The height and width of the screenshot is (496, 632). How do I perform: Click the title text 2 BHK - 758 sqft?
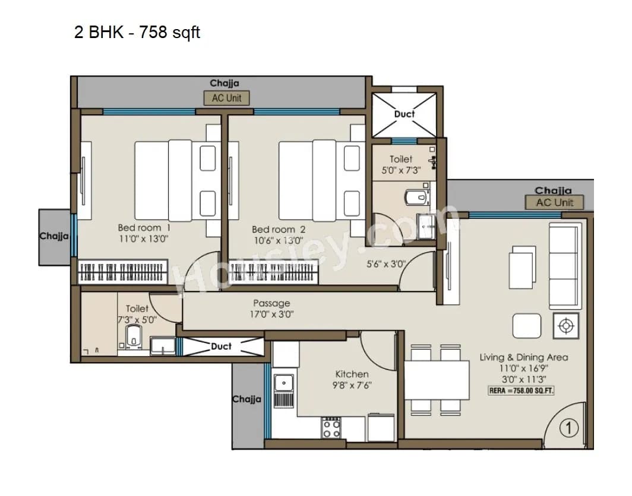(137, 32)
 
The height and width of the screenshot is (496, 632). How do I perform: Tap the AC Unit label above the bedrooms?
(226, 98)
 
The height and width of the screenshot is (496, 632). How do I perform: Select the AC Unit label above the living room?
(554, 202)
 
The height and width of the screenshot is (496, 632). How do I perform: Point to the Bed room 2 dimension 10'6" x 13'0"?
(279, 241)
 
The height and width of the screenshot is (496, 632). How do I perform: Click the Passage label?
(271, 303)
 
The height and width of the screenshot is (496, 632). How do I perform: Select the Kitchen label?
(352, 374)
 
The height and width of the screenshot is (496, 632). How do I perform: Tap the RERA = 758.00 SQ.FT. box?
(521, 391)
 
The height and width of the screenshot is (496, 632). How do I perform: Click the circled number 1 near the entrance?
(568, 427)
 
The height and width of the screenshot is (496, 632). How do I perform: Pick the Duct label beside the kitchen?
(222, 346)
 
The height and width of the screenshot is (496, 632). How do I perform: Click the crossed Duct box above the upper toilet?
(405, 114)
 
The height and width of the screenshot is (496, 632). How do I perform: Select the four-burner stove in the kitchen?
(331, 428)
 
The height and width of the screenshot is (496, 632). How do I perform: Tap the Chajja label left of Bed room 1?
(54, 236)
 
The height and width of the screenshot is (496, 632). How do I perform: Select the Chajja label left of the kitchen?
(246, 399)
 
